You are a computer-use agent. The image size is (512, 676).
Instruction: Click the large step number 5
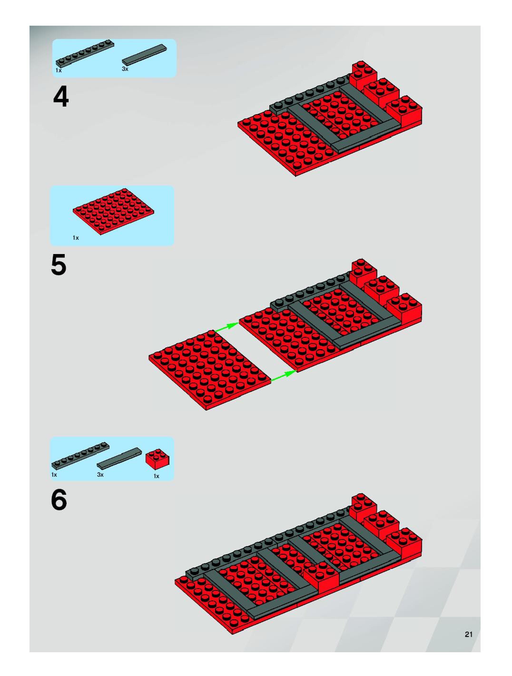tap(59, 265)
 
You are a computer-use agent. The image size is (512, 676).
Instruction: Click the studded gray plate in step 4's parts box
tap(85, 53)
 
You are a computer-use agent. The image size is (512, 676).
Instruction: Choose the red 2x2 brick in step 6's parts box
tap(158, 459)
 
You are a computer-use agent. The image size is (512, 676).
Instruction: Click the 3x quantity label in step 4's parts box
tap(125, 69)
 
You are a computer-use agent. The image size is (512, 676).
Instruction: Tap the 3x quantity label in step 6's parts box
tap(100, 475)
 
